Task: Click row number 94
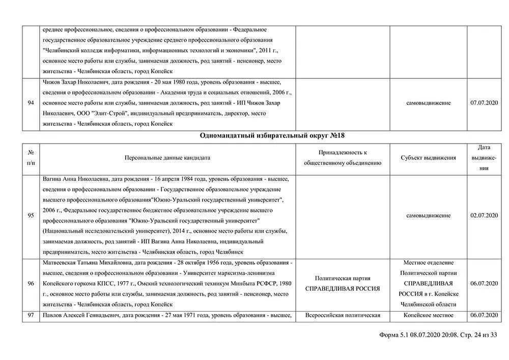click(31, 103)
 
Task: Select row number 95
click(31, 215)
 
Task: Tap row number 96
click(31, 284)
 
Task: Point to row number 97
click(31, 315)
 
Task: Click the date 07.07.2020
click(484, 103)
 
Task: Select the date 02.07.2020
click(484, 215)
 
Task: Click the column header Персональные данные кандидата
click(167, 158)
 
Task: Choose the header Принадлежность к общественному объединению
click(343, 158)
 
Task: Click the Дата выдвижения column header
click(484, 158)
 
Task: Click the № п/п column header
click(31, 158)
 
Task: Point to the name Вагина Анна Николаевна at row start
click(76, 179)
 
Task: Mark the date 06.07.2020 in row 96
click(484, 284)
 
